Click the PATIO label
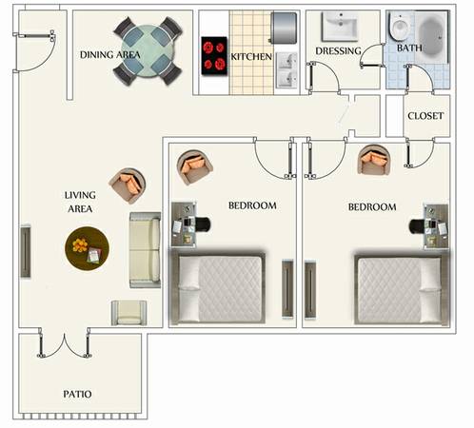[77, 394]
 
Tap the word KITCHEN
[251, 57]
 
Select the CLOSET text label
[425, 116]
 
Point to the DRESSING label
[338, 51]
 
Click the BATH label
[409, 49]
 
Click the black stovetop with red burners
[214, 56]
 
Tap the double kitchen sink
[287, 70]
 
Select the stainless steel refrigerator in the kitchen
[284, 28]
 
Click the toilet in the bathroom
[400, 26]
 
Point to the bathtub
[432, 36]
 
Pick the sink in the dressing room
[340, 27]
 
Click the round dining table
[148, 51]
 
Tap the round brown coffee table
[87, 248]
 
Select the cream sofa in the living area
[146, 250]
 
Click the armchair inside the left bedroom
[194, 167]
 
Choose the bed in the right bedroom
[402, 289]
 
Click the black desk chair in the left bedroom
[202, 224]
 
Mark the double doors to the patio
[64, 344]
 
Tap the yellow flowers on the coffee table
[80, 245]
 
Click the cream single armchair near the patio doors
[128, 313]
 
